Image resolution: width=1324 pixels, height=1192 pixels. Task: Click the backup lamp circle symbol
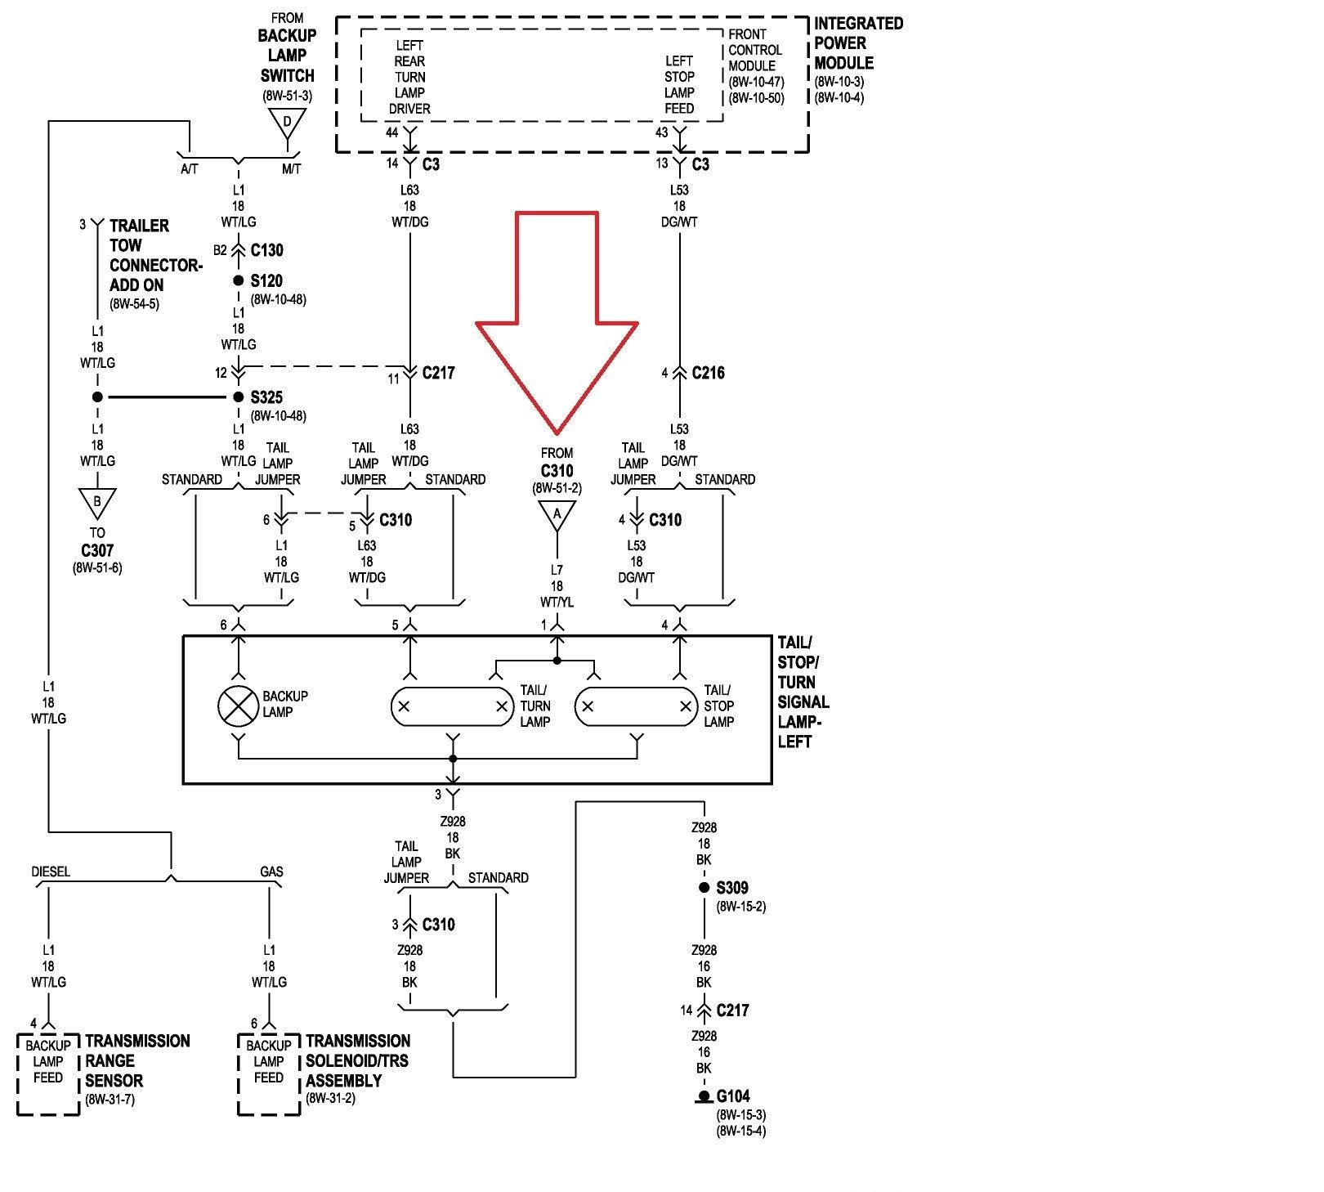[238, 705]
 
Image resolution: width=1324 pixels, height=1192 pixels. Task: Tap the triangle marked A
[557, 515]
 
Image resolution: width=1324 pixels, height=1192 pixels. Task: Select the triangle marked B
[97, 502]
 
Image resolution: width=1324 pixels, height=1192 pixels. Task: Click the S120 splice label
[266, 280]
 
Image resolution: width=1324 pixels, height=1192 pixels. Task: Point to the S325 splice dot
[239, 397]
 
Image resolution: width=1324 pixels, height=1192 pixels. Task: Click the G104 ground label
[733, 1096]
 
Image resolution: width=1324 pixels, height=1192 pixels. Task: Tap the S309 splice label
[732, 888]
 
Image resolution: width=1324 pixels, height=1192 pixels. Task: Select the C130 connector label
[267, 250]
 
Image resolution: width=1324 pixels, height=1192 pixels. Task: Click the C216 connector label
[708, 373]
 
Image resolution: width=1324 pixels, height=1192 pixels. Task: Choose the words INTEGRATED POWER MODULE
[857, 43]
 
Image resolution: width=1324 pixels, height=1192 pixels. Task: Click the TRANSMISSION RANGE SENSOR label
[136, 1061]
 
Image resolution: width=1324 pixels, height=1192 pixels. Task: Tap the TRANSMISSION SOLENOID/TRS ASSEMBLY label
[357, 1061]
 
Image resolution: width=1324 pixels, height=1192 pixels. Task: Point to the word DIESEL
[51, 872]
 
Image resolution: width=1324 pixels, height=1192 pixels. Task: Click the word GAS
[271, 872]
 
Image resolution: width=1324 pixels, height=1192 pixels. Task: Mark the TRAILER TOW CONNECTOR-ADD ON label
[154, 255]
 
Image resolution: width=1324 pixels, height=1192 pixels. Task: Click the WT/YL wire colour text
[557, 603]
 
